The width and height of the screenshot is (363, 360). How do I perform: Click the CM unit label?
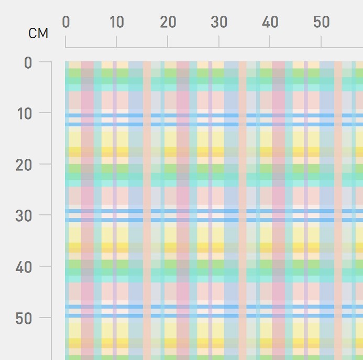tap(38, 34)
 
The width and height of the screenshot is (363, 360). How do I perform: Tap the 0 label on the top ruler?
tap(65, 22)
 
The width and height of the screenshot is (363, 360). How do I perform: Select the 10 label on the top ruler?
tap(116, 22)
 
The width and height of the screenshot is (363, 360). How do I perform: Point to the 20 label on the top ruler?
tap(168, 22)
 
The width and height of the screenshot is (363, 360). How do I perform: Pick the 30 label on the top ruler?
tap(219, 22)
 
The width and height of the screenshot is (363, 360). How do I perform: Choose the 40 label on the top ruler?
tap(270, 22)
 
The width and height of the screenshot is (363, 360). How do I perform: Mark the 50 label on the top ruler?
tap(321, 22)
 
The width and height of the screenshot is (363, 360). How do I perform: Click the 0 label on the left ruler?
tap(28, 63)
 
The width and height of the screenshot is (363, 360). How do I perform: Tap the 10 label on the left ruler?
tap(24, 114)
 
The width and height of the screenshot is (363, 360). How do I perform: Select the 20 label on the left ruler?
tap(24, 165)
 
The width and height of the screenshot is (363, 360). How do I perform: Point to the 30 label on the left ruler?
tap(24, 216)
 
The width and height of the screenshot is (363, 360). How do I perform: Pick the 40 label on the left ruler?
tap(24, 267)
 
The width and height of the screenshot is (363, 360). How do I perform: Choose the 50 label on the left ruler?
tap(24, 318)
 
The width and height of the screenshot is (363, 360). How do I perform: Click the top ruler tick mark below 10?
tap(116, 42)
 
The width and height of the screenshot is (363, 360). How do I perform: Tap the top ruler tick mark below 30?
tap(219, 42)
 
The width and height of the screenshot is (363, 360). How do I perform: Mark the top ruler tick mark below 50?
tap(321, 42)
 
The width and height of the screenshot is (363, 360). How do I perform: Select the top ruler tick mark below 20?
tap(168, 42)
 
